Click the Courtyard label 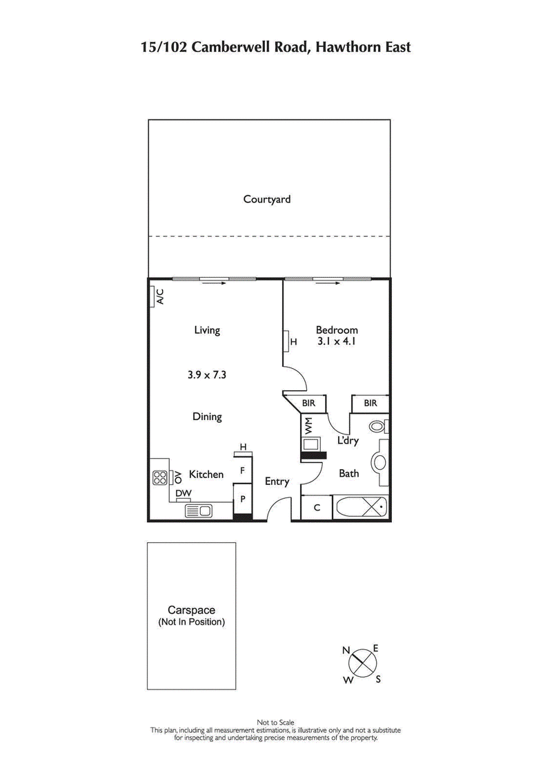(x=267, y=199)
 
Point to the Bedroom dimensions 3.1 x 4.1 (x=337, y=341)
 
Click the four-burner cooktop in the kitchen (x=159, y=477)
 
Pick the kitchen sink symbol (x=199, y=511)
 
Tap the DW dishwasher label (x=183, y=493)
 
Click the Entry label (x=277, y=481)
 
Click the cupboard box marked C (x=317, y=507)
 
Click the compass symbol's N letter (x=346, y=650)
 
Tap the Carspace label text (x=192, y=610)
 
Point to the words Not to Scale (x=276, y=723)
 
